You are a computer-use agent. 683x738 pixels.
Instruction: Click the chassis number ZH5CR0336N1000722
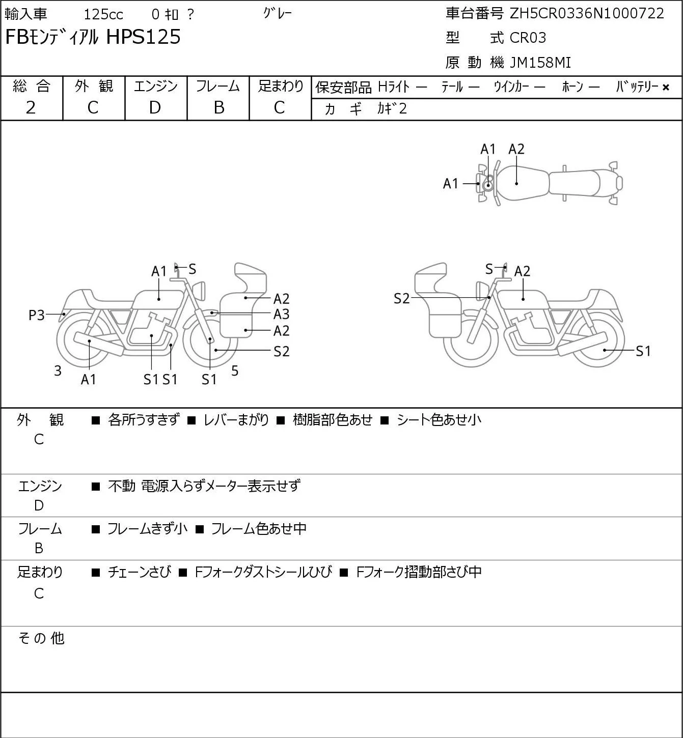click(587, 13)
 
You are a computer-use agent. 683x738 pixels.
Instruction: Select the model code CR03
click(528, 38)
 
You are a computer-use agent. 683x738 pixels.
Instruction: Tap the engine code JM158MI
click(540, 63)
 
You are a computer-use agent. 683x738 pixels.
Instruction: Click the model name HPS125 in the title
click(143, 37)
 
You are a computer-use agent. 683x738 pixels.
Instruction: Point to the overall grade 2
click(31, 107)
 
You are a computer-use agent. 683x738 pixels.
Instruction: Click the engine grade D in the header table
click(155, 107)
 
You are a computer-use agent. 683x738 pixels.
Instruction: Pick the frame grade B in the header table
click(218, 107)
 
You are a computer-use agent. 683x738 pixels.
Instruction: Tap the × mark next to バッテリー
click(666, 88)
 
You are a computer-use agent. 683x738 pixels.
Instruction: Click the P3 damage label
click(37, 315)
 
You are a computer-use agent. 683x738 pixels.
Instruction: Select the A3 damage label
click(281, 315)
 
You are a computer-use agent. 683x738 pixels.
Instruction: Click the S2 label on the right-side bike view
click(402, 298)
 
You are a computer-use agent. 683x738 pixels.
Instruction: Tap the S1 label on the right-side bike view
click(643, 351)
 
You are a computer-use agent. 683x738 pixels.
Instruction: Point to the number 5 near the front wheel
click(235, 371)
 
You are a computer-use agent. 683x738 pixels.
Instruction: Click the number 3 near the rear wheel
click(58, 371)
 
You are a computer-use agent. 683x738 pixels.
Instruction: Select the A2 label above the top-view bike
click(516, 149)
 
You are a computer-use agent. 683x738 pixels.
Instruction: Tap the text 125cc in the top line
click(103, 14)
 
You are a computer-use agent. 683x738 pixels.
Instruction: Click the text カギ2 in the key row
click(392, 108)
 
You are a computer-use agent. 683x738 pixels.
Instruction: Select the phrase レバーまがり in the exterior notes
click(236, 420)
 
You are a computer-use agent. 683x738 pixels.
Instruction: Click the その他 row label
click(41, 638)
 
